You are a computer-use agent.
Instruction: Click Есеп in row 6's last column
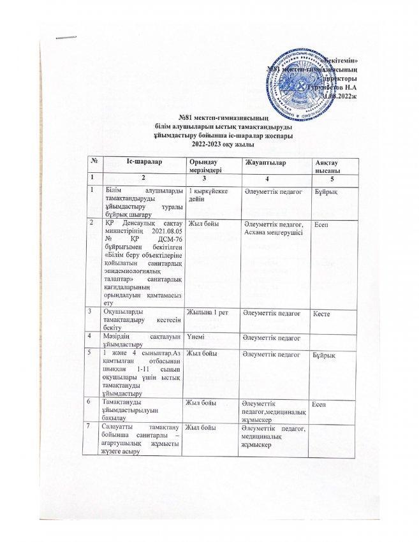(x=319, y=403)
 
